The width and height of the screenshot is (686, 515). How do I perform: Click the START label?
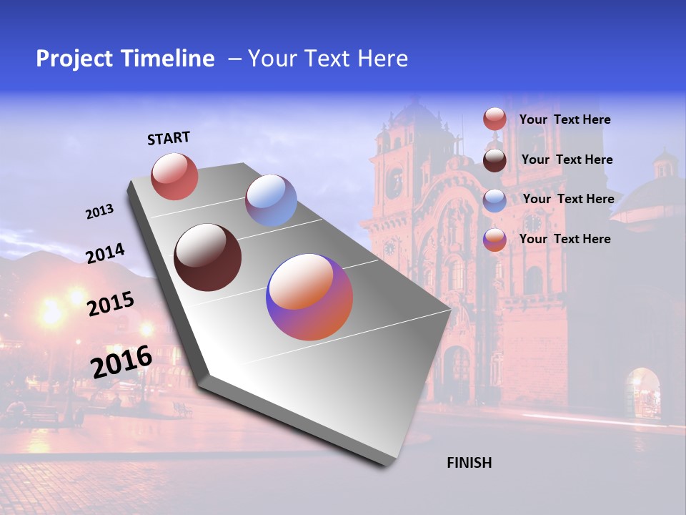point(169,138)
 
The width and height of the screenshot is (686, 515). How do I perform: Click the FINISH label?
point(469,463)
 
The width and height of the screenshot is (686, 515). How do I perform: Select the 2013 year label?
point(99,212)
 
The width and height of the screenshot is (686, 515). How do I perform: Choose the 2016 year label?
point(121,362)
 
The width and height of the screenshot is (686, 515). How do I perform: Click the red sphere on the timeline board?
point(174,176)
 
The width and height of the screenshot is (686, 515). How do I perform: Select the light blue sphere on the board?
point(271,200)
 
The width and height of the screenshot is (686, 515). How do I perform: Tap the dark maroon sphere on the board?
point(208,257)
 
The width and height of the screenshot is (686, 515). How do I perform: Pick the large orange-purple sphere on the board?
point(309,297)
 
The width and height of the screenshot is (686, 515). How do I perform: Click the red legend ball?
point(494,119)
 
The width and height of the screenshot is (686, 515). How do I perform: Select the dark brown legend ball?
point(494,160)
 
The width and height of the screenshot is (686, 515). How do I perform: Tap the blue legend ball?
point(494,200)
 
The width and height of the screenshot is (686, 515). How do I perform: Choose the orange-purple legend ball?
point(494,240)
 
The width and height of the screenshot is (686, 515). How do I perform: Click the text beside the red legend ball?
point(565,119)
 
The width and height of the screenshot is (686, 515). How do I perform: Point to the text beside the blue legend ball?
point(568,199)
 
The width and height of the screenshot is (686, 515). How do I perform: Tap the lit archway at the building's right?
point(642,394)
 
